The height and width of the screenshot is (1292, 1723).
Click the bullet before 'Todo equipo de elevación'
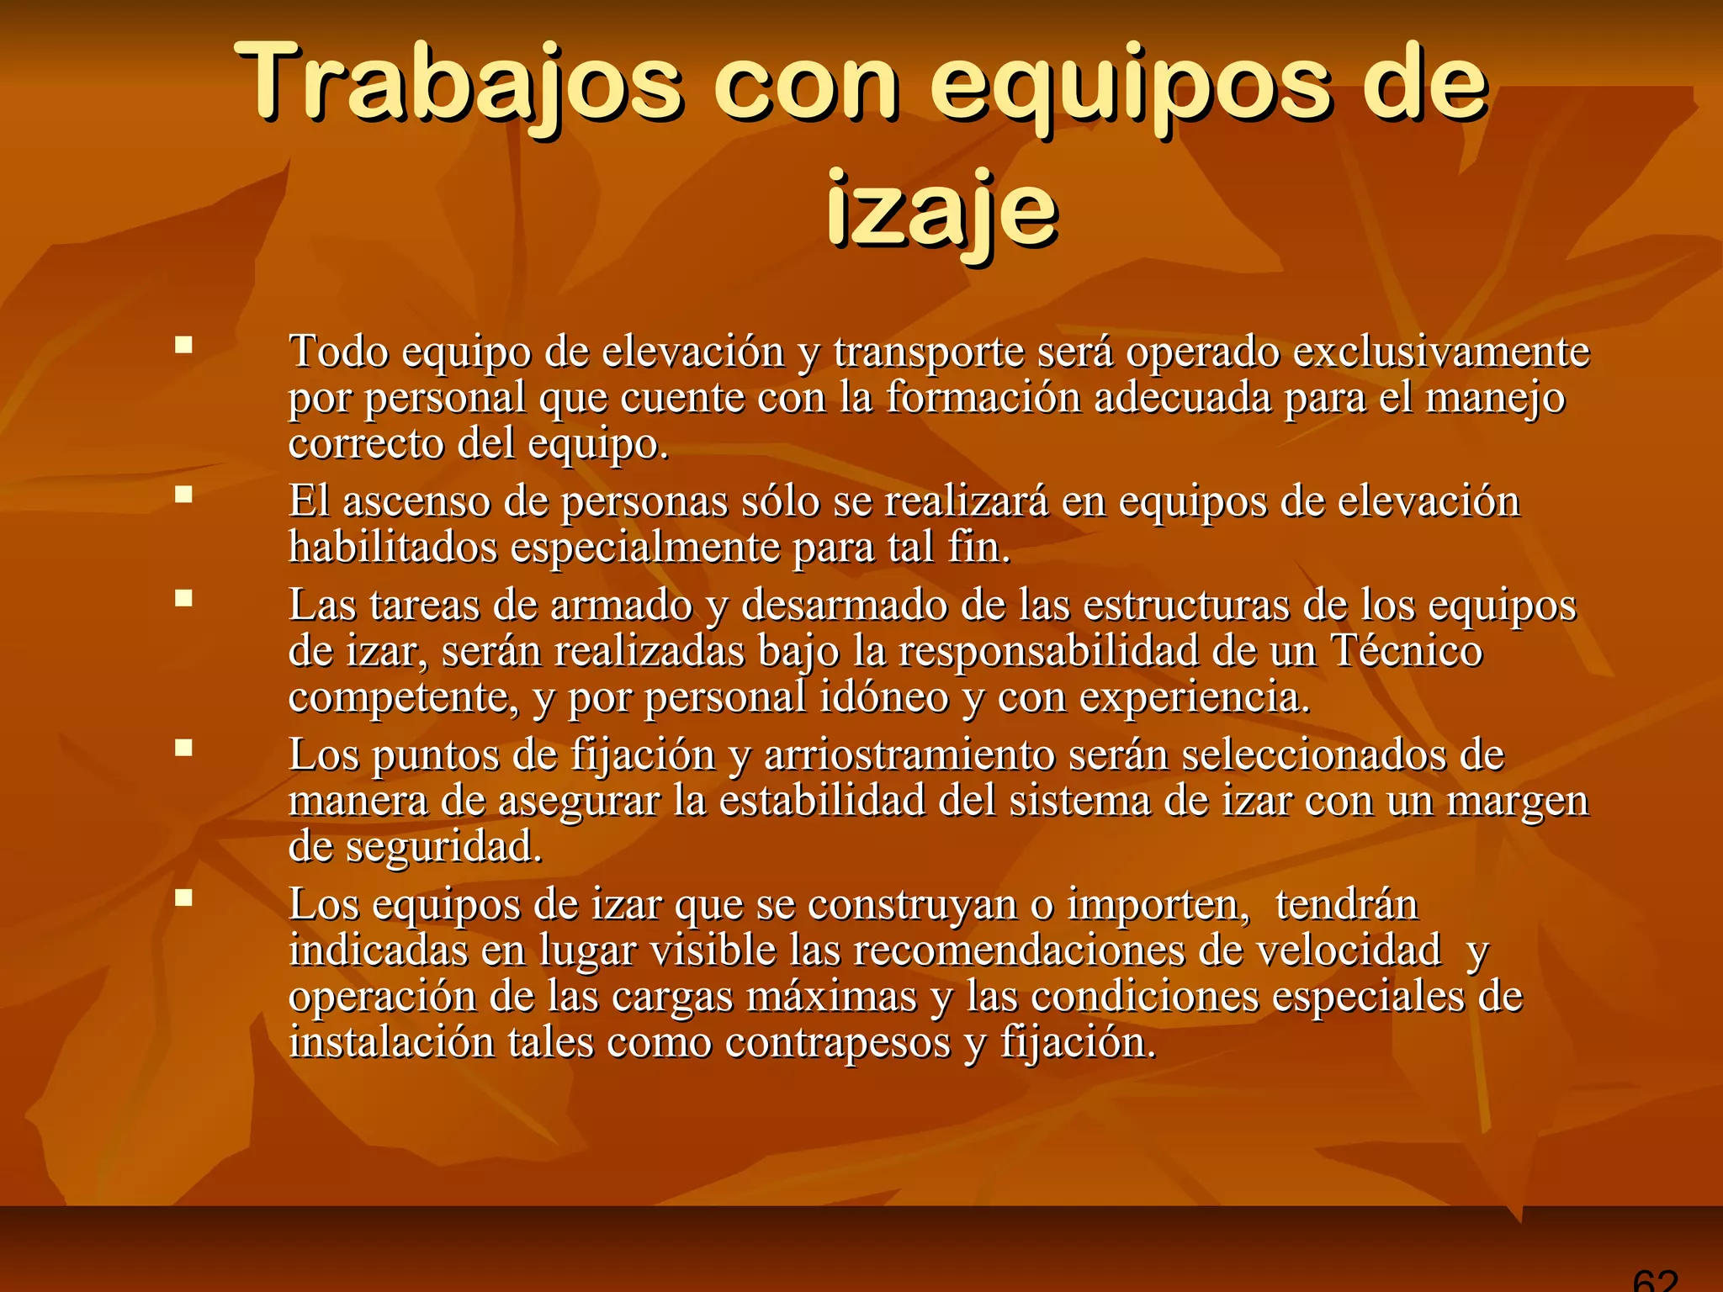(x=183, y=345)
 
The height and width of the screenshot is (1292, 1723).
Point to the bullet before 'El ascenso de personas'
(x=183, y=495)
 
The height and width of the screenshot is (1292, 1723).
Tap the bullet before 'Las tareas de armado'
(x=183, y=598)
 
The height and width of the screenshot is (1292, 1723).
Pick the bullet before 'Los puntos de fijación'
(x=183, y=748)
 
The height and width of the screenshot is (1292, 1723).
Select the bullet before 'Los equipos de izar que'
(x=183, y=898)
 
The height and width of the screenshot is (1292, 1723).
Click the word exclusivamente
(x=1441, y=352)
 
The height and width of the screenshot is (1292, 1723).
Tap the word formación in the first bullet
(x=983, y=397)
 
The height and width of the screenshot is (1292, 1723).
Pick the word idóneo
(x=883, y=696)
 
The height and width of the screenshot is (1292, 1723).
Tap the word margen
(x=1517, y=801)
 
